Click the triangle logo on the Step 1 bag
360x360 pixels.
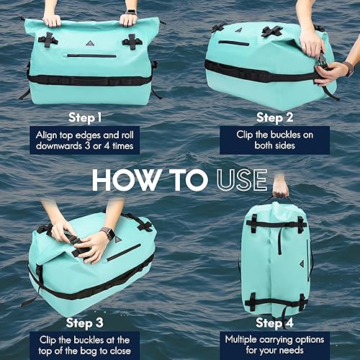(90, 43)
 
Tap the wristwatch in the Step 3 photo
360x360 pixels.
(107, 233)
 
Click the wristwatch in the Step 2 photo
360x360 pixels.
(349, 68)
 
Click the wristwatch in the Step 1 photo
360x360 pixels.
(130, 12)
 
